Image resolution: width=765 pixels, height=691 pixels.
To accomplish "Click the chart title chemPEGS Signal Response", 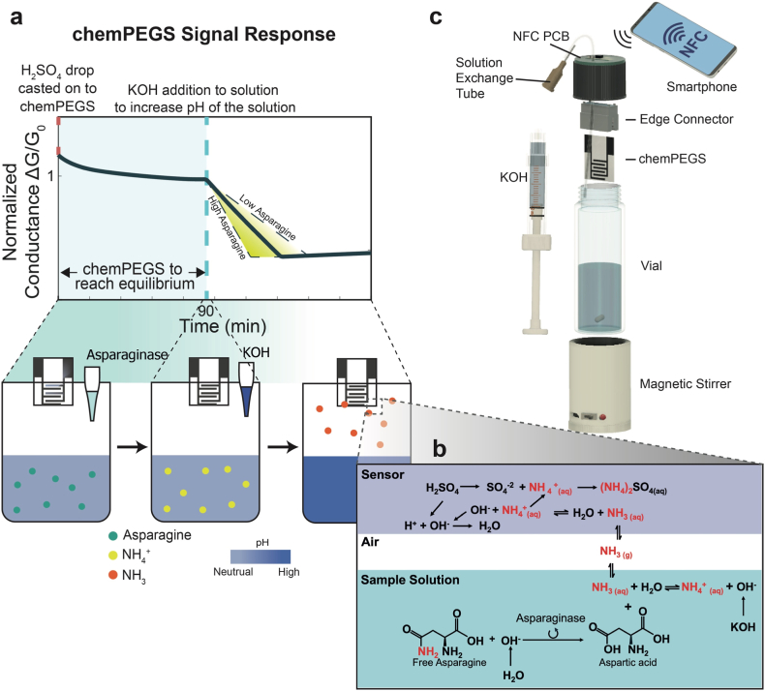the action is click(204, 35).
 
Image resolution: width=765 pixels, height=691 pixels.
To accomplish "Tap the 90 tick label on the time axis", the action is click(205, 311).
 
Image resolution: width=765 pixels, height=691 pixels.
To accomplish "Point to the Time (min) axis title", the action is click(224, 326).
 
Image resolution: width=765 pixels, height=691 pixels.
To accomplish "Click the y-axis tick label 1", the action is click(51, 176).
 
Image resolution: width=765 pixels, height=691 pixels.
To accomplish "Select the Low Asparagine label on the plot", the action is click(267, 218).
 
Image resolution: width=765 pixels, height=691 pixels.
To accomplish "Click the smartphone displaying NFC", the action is click(684, 39).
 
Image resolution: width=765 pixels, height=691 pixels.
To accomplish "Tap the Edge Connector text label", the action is click(687, 119).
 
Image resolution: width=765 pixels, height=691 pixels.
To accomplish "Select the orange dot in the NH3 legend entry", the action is click(113, 575).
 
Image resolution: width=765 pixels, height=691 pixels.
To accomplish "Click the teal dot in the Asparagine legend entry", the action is click(113, 536).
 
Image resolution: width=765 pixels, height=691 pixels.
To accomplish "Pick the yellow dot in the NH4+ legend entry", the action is click(113, 555).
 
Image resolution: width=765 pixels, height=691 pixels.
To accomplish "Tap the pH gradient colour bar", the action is click(260, 556).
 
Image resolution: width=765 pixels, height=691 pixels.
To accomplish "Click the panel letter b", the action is click(440, 449).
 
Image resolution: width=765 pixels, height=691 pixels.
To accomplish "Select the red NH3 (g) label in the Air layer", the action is click(616, 552).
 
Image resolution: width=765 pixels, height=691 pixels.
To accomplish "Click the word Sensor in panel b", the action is click(382, 474).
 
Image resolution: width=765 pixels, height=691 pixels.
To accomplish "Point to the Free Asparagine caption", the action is click(449, 663).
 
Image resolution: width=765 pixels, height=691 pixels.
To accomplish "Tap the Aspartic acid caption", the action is click(627, 663).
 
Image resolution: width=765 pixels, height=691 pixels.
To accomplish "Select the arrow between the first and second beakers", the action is click(133, 446).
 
